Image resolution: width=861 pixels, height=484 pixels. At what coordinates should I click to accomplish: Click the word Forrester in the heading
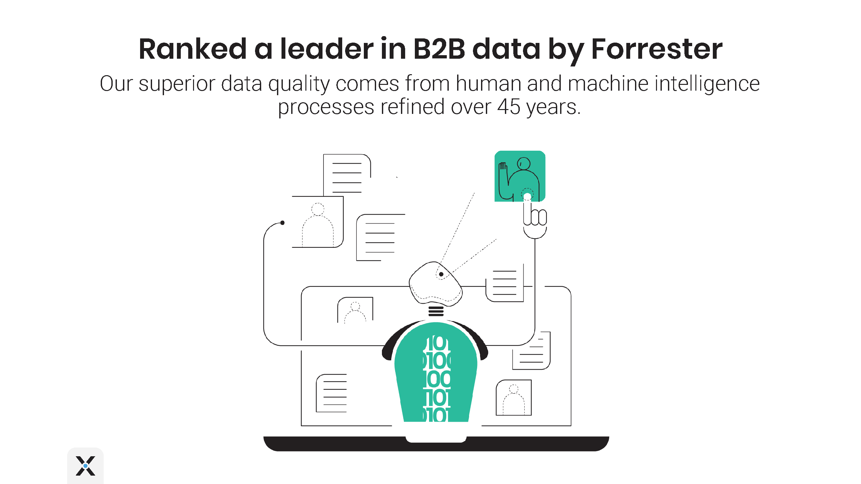pos(656,49)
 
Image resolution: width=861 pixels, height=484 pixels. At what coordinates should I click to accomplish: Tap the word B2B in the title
pos(439,49)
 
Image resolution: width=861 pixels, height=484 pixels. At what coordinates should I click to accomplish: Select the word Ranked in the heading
pos(192,49)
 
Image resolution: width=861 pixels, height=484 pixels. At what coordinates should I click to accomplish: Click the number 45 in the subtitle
pos(509,107)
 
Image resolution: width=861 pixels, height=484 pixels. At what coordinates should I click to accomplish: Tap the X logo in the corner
pos(85,466)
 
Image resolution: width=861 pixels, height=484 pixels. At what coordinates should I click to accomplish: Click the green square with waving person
pos(519,176)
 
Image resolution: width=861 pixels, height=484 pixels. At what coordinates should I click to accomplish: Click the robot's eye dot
pos(441,274)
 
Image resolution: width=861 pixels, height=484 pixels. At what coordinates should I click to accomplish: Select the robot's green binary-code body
pos(436,374)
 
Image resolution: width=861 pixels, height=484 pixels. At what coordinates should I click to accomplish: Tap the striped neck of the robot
pos(436,311)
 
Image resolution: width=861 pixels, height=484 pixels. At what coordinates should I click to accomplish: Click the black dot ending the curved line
pos(282,223)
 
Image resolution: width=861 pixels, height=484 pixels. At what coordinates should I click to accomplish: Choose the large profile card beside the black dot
pos(318,222)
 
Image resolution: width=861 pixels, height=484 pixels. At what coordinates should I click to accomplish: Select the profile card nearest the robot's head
pos(355,310)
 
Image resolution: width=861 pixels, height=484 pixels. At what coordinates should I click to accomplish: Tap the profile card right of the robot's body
pos(513,398)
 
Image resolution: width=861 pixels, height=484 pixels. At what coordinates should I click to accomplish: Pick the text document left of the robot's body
pos(332,393)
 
